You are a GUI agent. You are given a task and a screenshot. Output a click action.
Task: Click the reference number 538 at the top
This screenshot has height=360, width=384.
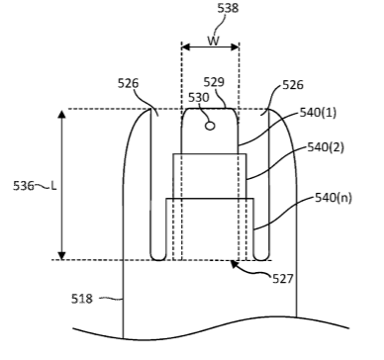(x=228, y=8)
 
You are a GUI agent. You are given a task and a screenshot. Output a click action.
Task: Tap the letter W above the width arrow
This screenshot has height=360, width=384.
(x=214, y=41)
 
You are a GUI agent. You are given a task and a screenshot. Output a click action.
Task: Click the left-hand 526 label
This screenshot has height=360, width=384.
(x=129, y=83)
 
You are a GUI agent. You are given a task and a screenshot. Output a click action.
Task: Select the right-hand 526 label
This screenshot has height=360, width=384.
(x=293, y=85)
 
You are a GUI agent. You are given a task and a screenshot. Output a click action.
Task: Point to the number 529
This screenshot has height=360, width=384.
(x=214, y=82)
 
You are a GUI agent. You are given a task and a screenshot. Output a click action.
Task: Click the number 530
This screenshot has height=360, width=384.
(x=199, y=98)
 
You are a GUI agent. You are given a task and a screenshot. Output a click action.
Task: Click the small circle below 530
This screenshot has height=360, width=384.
(x=210, y=126)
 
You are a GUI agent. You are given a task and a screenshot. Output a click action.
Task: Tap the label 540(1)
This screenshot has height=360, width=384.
(x=318, y=113)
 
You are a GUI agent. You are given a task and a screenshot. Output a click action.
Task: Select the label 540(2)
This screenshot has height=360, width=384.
(x=326, y=147)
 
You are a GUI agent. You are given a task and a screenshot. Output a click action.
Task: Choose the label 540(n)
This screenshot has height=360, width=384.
(x=334, y=198)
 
